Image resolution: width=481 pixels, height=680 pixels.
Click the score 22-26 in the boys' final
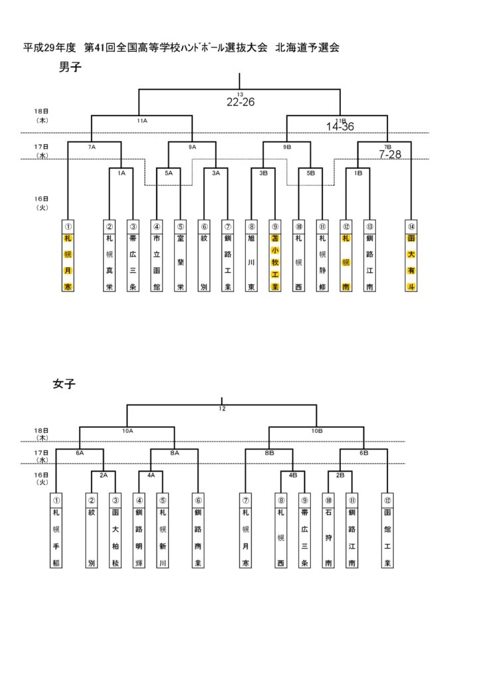point(240,102)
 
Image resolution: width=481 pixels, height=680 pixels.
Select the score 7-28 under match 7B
point(391,154)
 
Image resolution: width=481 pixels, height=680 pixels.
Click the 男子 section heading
point(70,67)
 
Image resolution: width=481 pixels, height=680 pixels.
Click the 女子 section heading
point(64,383)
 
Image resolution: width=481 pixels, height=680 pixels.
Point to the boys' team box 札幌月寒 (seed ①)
point(68,256)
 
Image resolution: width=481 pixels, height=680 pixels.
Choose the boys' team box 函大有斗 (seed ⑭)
point(411,256)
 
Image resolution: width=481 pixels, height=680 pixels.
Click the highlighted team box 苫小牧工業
point(275,256)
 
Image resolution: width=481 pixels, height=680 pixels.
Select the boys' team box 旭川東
point(251,256)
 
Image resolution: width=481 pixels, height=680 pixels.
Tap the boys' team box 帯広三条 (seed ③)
point(133,256)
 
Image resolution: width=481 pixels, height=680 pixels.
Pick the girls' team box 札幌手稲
point(57,531)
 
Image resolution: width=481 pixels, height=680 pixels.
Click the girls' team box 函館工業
point(388,531)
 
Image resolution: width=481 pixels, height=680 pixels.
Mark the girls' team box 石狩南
point(328,531)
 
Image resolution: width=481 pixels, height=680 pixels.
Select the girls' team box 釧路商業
point(198,531)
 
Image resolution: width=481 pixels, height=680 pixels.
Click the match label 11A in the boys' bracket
point(142,121)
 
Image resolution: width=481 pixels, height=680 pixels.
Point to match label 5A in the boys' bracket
point(169,173)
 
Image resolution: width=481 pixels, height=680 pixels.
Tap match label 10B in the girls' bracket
point(317,431)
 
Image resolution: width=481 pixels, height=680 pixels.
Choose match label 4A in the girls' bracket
point(151,475)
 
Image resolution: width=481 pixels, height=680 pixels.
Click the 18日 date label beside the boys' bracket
point(41,111)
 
